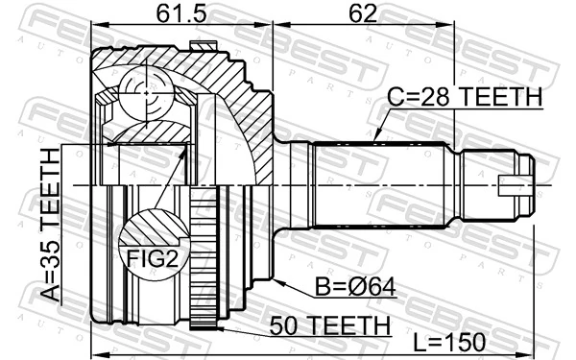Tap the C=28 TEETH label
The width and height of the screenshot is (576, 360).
[466, 97]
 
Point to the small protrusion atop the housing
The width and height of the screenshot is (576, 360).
[202, 44]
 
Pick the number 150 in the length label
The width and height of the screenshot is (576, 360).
[465, 342]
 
